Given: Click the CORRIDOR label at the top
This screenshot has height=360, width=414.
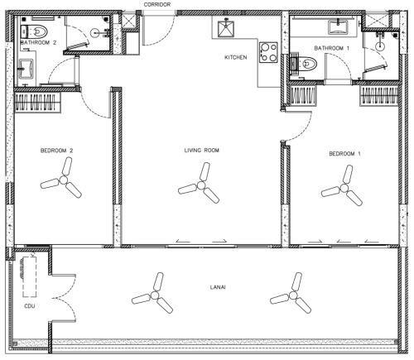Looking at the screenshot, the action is point(157,4).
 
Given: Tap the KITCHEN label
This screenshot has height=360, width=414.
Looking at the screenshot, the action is point(235,57).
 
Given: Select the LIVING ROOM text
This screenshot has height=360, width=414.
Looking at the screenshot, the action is point(202,151).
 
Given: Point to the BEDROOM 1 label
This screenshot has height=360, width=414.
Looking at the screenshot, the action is point(344,154).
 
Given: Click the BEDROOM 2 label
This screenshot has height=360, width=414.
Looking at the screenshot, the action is point(56,151).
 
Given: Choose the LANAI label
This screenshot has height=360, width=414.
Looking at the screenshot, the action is point(218,287).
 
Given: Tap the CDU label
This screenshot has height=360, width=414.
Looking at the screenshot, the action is point(30,306).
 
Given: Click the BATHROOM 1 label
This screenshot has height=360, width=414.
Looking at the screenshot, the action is point(332,48).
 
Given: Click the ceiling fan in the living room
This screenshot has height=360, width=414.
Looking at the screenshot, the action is point(201,185).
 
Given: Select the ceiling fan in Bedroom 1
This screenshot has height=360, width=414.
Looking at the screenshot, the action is point(344,189).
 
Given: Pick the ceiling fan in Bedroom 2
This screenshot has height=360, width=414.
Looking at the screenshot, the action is point(64,180).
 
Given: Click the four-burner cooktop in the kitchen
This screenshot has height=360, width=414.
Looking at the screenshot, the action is point(268,52).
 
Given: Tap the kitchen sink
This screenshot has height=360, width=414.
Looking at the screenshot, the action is point(226,29).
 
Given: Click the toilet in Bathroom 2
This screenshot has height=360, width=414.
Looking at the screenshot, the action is point(34,31).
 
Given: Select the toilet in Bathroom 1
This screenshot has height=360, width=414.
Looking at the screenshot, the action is point(304,64).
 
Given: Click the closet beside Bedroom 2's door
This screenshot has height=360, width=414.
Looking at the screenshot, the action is point(37,103).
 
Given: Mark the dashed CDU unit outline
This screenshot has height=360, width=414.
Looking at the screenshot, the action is point(30,276).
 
